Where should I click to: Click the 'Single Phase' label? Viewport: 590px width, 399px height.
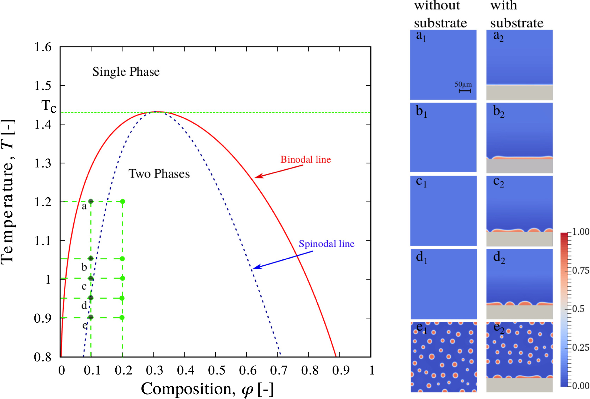(x=126, y=72)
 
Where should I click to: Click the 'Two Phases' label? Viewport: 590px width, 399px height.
(x=159, y=174)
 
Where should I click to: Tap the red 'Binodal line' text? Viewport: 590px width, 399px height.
(x=305, y=159)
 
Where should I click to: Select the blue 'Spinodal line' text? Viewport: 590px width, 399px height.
(x=326, y=244)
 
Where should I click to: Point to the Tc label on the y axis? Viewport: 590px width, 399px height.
(x=49, y=106)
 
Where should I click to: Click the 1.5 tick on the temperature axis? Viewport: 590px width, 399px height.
(x=43, y=86)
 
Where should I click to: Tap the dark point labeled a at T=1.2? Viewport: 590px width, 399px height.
(x=91, y=201)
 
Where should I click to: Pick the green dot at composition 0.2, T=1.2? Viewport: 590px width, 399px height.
(x=123, y=201)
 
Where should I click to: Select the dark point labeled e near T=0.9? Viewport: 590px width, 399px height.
(x=91, y=317)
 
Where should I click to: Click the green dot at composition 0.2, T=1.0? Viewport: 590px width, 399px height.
(x=123, y=278)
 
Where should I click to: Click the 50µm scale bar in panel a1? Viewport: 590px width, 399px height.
(x=465, y=91)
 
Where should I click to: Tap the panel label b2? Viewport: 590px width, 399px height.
(x=499, y=111)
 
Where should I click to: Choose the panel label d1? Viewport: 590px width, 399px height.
(x=421, y=257)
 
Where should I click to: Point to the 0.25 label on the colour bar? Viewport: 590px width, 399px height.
(x=580, y=347)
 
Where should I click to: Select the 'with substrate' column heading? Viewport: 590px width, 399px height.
(x=516, y=14)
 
